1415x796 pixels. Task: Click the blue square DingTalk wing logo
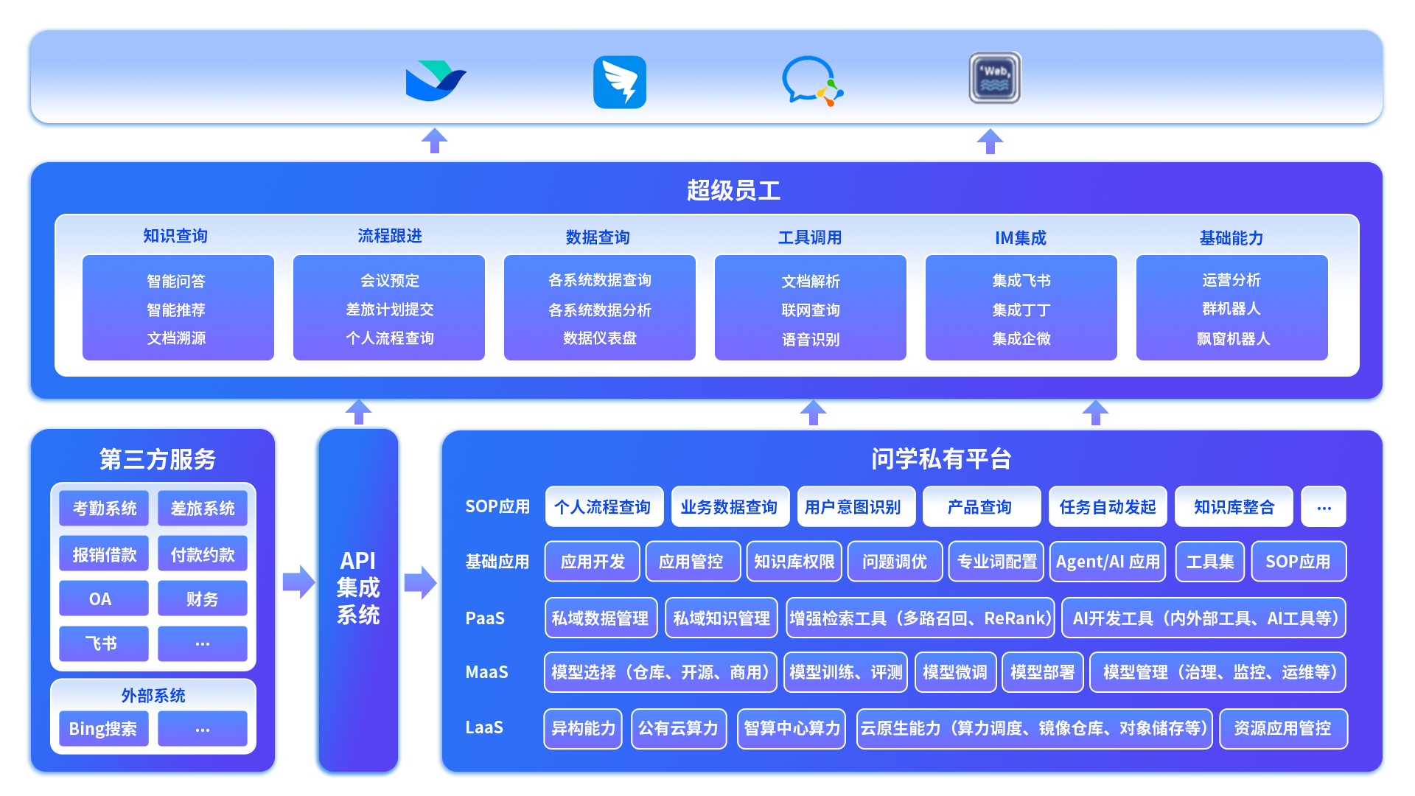pyautogui.click(x=620, y=82)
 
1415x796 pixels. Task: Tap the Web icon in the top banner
pyautogui.click(x=994, y=77)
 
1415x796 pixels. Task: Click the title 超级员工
pyautogui.click(x=733, y=191)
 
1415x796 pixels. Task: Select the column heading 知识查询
pyautogui.click(x=175, y=236)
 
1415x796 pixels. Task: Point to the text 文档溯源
pyautogui.click(x=176, y=338)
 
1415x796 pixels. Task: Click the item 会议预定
pyautogui.click(x=389, y=281)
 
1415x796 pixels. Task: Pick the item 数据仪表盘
pyautogui.click(x=599, y=338)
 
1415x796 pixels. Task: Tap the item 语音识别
pyautogui.click(x=811, y=340)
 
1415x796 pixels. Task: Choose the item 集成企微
pyautogui.click(x=1021, y=339)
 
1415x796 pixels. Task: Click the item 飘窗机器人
pyautogui.click(x=1232, y=339)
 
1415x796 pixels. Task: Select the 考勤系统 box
pyautogui.click(x=104, y=509)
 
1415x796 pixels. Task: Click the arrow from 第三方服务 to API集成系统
pyautogui.click(x=298, y=582)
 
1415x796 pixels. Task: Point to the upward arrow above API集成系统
pyautogui.click(x=359, y=411)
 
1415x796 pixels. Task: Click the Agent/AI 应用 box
pyautogui.click(x=1107, y=562)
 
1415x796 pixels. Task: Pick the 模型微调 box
pyautogui.click(x=955, y=672)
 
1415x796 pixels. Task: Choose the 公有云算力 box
pyautogui.click(x=679, y=729)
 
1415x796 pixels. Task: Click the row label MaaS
pyautogui.click(x=486, y=672)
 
